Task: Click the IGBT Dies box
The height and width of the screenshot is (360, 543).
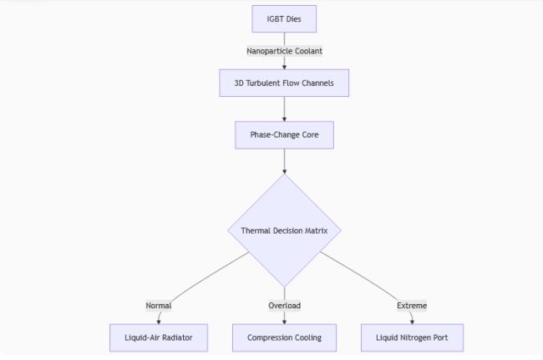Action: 284,19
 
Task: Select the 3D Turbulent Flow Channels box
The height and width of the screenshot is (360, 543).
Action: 284,83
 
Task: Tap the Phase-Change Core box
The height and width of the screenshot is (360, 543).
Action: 284,135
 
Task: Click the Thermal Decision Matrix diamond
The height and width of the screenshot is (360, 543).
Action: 284,231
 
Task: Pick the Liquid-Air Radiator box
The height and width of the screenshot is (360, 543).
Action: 159,337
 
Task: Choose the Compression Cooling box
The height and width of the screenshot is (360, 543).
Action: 284,337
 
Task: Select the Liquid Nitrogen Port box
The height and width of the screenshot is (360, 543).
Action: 412,337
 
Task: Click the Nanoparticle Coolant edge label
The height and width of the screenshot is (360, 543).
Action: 284,51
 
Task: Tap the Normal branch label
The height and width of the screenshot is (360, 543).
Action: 159,306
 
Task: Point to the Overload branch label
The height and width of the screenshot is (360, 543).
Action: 284,306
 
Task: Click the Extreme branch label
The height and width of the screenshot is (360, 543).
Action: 412,306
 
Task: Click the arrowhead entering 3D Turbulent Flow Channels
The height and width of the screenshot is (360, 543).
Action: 284,67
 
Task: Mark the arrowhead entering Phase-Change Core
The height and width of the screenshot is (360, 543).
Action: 284,119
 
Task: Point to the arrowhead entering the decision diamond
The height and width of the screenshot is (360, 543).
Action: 284,171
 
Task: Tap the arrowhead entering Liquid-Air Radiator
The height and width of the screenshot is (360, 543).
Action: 159,322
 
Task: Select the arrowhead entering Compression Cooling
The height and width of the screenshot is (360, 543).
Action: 284,322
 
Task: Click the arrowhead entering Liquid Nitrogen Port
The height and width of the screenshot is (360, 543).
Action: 412,322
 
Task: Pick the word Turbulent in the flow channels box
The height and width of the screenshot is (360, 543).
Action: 263,83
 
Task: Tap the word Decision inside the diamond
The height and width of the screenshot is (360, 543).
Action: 285,231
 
